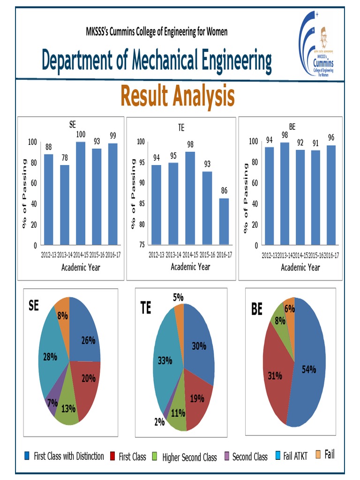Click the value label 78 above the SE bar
tap(65, 158)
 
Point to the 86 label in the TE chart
tap(225, 191)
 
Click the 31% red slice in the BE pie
tap(275, 375)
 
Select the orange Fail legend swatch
tap(318, 454)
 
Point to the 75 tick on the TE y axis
tap(140, 245)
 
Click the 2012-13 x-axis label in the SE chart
tap(51, 255)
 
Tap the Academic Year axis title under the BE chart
tap(300, 267)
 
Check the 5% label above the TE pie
tap(178, 297)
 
